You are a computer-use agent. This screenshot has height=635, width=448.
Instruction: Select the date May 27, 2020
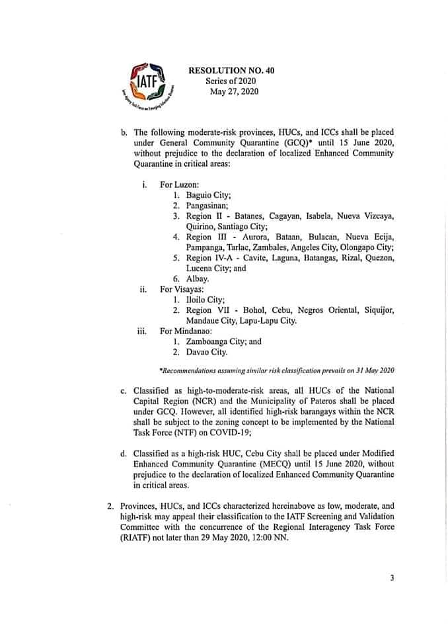tap(231, 91)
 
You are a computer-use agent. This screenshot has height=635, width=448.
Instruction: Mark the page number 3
tap(392, 578)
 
